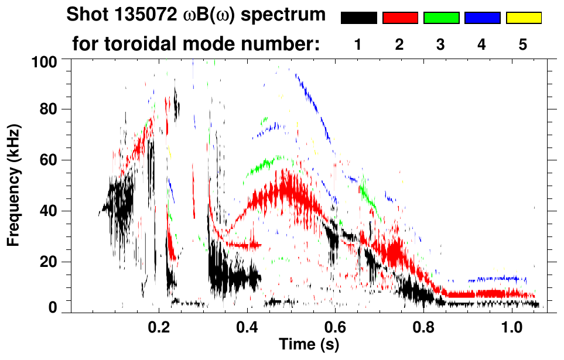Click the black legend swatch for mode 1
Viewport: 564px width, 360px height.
click(359, 18)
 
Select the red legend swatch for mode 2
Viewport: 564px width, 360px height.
click(400, 18)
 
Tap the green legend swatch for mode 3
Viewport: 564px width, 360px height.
click(441, 18)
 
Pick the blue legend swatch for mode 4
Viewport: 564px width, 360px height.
click(482, 18)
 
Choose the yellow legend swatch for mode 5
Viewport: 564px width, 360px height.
click(524, 18)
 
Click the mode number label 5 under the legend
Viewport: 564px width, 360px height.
click(523, 45)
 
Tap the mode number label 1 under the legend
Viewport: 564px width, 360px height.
click(358, 45)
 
